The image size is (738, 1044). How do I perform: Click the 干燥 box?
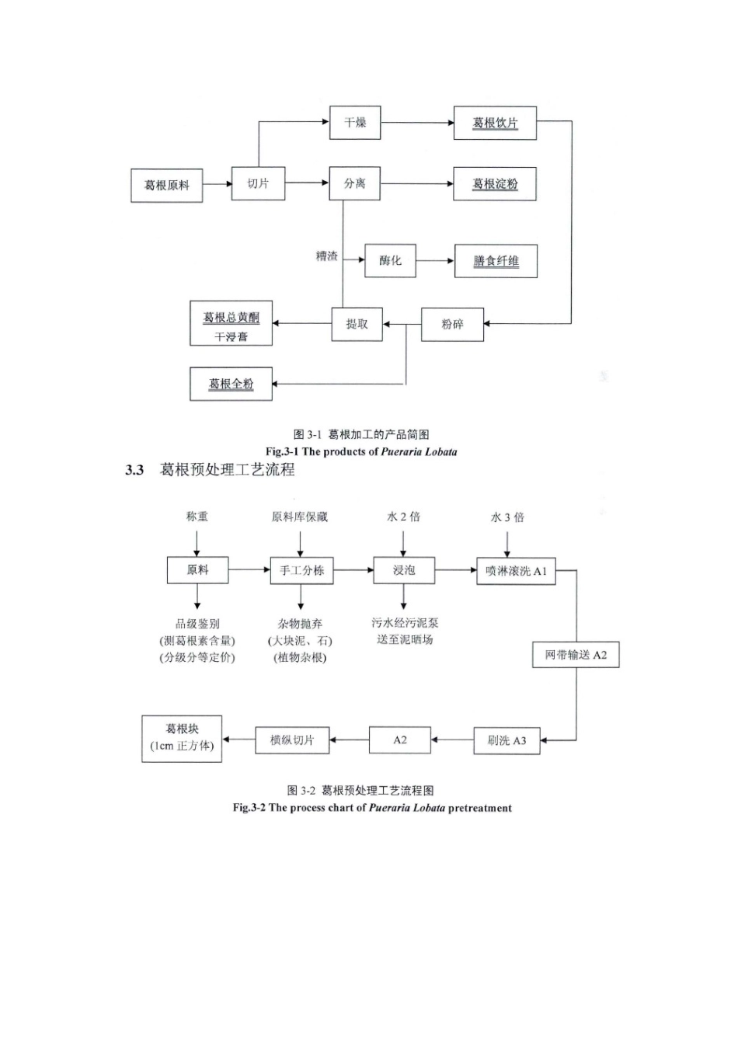pyautogui.click(x=355, y=123)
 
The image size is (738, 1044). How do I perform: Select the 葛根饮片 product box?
pyautogui.click(x=495, y=123)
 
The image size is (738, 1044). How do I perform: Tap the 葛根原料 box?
pyautogui.click(x=166, y=186)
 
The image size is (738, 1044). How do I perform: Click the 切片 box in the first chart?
pyautogui.click(x=258, y=183)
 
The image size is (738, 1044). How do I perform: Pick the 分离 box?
pyautogui.click(x=354, y=183)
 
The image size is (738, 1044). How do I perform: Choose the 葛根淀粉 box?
pyautogui.click(x=495, y=183)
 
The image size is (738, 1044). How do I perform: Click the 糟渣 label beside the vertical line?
pyautogui.click(x=326, y=256)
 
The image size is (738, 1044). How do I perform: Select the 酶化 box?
pyautogui.click(x=390, y=260)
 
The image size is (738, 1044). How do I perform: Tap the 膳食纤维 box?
pyautogui.click(x=496, y=261)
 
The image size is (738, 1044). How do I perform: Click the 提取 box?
pyautogui.click(x=357, y=324)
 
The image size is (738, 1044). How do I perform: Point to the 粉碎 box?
pyautogui.click(x=452, y=324)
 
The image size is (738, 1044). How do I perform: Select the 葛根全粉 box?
pyautogui.click(x=231, y=384)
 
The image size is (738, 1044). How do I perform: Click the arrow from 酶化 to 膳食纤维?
pyautogui.click(x=435, y=260)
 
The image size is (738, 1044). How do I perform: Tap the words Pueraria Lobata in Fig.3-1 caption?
pyautogui.click(x=419, y=451)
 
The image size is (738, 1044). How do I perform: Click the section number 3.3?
pyautogui.click(x=134, y=469)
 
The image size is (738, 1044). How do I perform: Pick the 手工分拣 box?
pyautogui.click(x=301, y=570)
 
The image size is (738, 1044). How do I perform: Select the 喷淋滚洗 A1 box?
pyautogui.click(x=516, y=571)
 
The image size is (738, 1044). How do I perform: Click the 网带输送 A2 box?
pyautogui.click(x=576, y=655)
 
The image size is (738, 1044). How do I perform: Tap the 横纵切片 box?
pyautogui.click(x=292, y=740)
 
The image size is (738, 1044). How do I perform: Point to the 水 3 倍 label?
pyautogui.click(x=507, y=517)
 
